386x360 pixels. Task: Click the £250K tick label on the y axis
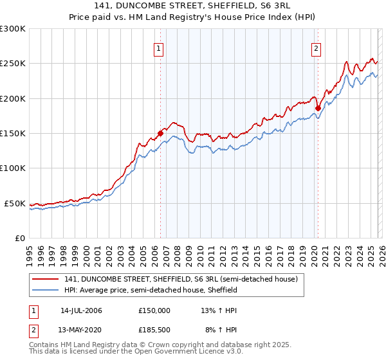point(13,64)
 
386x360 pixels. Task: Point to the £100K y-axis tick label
point(13,168)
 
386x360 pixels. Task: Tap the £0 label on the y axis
point(20,238)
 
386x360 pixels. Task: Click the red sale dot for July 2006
point(160,134)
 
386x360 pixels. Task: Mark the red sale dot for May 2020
point(318,109)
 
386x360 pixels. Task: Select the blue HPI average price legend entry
point(151,291)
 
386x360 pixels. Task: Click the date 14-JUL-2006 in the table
point(81,310)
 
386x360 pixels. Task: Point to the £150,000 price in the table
point(154,310)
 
